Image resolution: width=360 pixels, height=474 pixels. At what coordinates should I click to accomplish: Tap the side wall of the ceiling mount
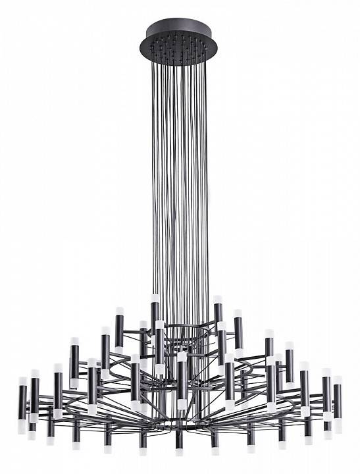click(x=180, y=54)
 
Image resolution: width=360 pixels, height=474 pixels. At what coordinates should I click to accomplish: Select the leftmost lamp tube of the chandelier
click(x=22, y=399)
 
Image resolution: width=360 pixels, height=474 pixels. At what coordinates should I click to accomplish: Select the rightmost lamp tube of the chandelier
click(x=338, y=399)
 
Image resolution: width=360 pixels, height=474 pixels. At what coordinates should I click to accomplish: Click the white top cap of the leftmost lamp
click(x=22, y=381)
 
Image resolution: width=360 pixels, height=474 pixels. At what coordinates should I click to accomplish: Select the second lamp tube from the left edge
click(x=34, y=395)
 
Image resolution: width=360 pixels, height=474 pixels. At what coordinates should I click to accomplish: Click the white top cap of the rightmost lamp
click(x=338, y=381)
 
